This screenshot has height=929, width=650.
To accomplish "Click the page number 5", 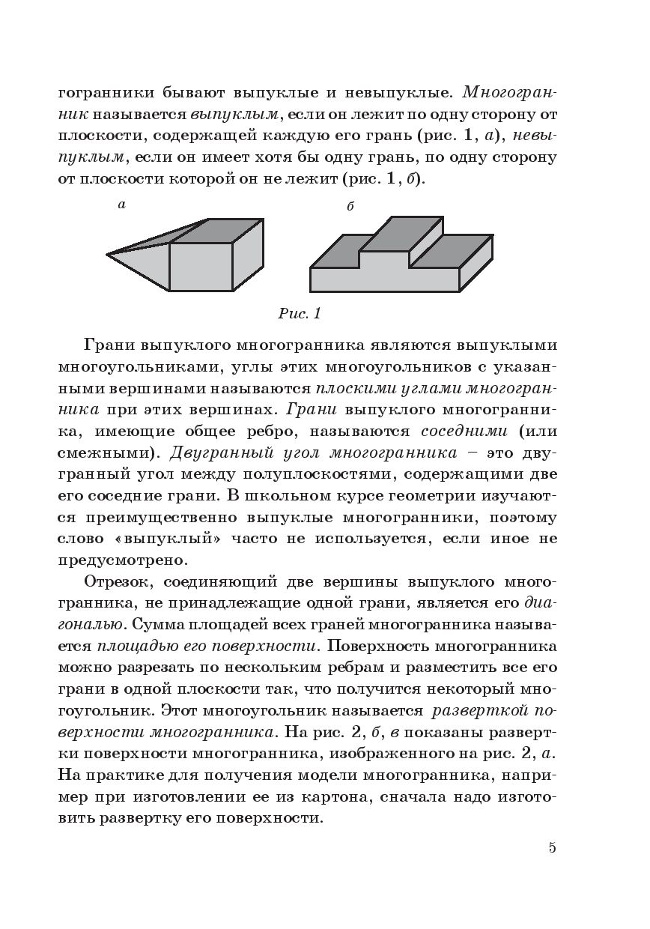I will pos(552,848).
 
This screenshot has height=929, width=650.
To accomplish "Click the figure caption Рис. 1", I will pos(299,314).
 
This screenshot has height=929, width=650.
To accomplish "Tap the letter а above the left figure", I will pos(121,205).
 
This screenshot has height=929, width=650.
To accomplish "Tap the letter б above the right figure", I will pos(350,207).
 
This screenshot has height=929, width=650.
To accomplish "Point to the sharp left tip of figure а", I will pos(109,255).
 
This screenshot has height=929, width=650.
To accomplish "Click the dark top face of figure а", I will pos(218,231).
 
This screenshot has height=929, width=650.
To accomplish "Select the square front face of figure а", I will pos(201,267).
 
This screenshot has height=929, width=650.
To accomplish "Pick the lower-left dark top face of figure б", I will pos(337,252).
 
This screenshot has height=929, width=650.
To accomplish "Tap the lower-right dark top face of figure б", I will pos(450,251).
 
